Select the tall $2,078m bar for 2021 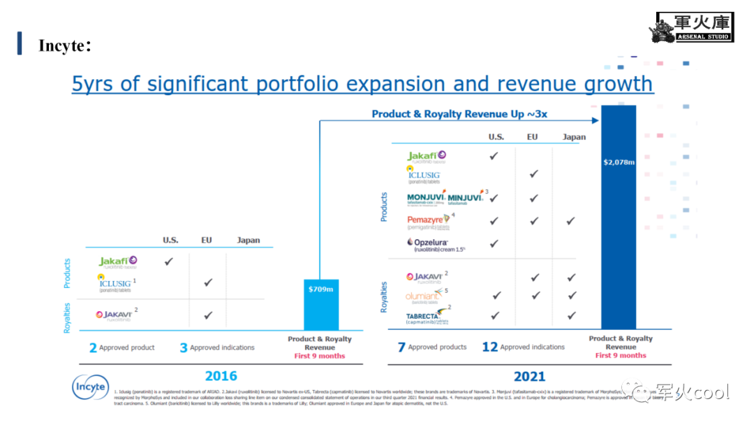(619, 217)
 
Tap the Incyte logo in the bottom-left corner (90, 387)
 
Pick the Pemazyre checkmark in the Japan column (570, 221)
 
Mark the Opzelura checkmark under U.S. (494, 244)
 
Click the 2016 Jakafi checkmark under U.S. (168, 261)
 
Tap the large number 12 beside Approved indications (489, 347)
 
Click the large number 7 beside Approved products (401, 347)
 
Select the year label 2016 (221, 376)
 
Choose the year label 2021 (529, 376)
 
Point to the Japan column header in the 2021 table (574, 137)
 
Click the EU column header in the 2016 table (207, 240)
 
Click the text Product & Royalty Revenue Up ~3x (459, 114)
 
